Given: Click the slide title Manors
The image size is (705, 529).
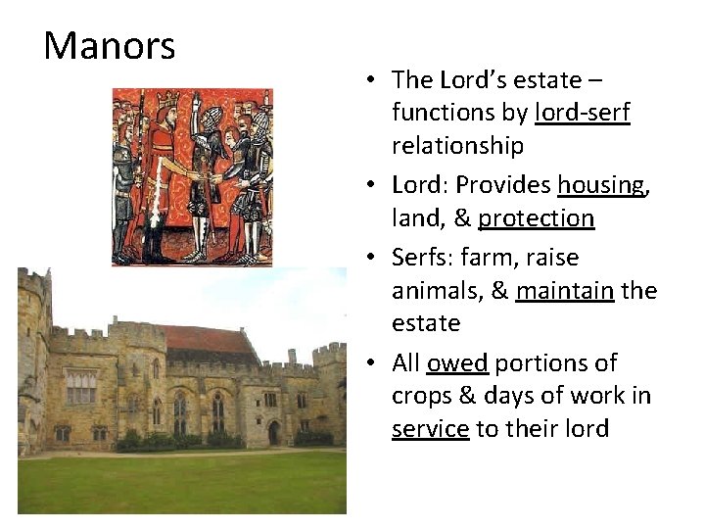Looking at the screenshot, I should (x=110, y=46).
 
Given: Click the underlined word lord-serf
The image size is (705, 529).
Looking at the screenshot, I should (x=583, y=113).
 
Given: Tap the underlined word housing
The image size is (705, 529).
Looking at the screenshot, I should (x=601, y=184).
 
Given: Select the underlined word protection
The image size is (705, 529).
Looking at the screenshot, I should (x=536, y=217).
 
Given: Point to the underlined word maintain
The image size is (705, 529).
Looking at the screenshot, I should (x=565, y=291).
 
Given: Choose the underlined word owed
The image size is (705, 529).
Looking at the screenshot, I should (x=457, y=362).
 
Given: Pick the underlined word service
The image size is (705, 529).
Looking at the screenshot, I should (x=430, y=429).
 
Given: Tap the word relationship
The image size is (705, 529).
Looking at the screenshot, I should (x=457, y=146).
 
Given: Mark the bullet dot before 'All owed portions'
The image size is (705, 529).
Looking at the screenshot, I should (x=375, y=363).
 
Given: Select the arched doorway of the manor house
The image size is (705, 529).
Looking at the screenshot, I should (x=273, y=432).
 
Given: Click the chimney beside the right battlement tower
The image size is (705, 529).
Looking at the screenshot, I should (x=291, y=356).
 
